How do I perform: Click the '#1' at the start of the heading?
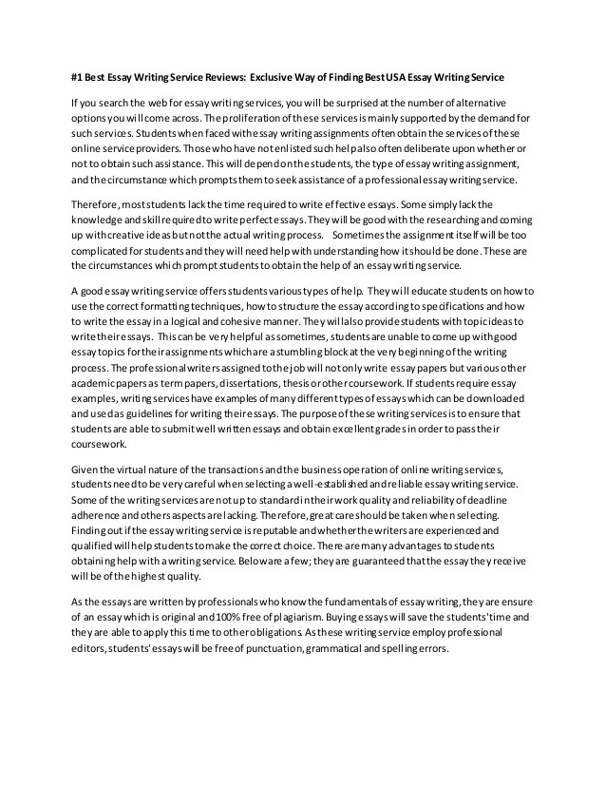78,75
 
